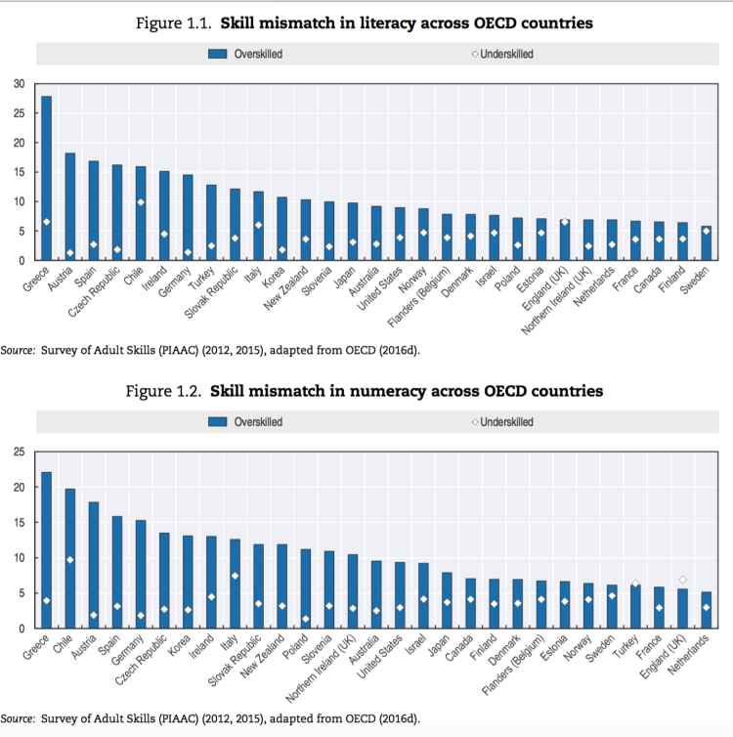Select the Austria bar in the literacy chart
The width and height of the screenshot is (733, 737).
pyautogui.click(x=70, y=206)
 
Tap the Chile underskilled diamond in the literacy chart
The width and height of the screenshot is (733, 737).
pyautogui.click(x=141, y=202)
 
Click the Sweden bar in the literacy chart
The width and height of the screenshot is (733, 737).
pyautogui.click(x=706, y=243)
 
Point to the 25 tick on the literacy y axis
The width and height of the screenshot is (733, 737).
pyautogui.click(x=19, y=113)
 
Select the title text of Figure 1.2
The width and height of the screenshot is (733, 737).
pyautogui.click(x=366, y=391)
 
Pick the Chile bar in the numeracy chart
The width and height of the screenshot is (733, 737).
pyautogui.click(x=70, y=558)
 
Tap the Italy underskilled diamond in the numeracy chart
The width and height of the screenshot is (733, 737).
pyautogui.click(x=235, y=576)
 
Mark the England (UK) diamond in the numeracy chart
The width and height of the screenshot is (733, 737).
pyautogui.click(x=682, y=580)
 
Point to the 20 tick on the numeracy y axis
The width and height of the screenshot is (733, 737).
pyautogui.click(x=19, y=487)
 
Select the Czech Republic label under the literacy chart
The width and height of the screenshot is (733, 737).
pyautogui.click(x=98, y=292)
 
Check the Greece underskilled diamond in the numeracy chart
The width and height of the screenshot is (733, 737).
pyautogui.click(x=46, y=600)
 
